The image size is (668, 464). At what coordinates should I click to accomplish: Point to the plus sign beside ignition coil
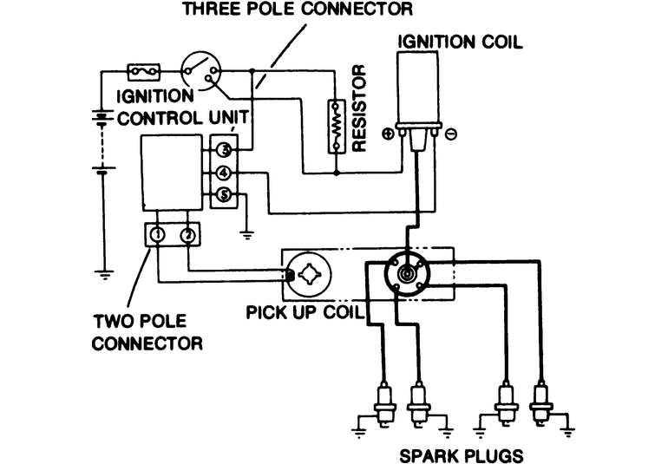pyautogui.click(x=387, y=134)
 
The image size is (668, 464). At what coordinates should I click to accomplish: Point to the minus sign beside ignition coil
pyautogui.click(x=453, y=134)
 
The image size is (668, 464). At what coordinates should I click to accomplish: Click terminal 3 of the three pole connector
pyautogui.click(x=223, y=151)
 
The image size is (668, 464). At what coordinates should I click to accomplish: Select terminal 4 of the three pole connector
pyautogui.click(x=223, y=173)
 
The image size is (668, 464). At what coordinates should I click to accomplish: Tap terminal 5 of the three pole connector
pyautogui.click(x=223, y=195)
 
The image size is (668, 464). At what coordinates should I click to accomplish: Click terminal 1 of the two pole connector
pyautogui.click(x=158, y=234)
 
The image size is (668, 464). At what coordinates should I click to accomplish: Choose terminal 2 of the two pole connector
pyautogui.click(x=187, y=234)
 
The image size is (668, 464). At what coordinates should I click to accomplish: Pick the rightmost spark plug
pyautogui.click(x=541, y=402)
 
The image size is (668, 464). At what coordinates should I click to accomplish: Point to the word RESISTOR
pyautogui.click(x=361, y=108)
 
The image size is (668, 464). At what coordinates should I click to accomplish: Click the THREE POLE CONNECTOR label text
pyautogui.click(x=296, y=10)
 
